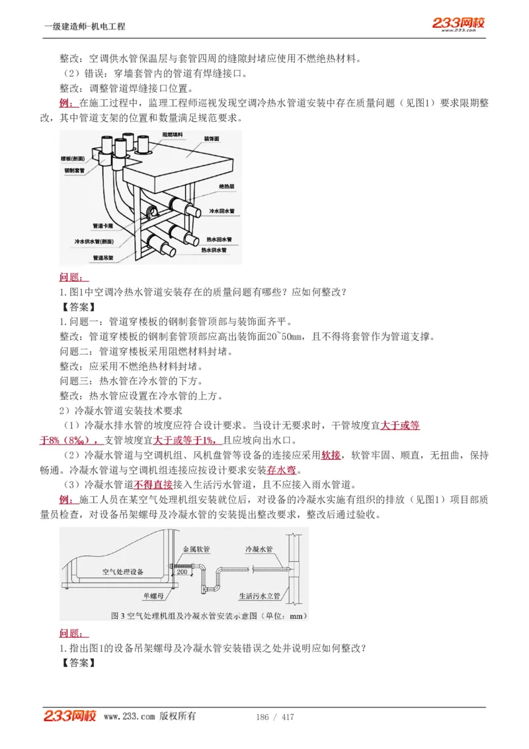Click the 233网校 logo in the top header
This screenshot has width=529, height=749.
click(458, 24)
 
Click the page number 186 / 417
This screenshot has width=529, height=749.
click(274, 717)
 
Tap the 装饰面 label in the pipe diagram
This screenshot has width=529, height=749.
click(212, 139)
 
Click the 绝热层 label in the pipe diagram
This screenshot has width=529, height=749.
click(227, 187)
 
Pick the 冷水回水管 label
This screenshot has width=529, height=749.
click(222, 211)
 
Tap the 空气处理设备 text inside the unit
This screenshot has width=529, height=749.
click(123, 572)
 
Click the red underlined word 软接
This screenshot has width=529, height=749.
click(331, 455)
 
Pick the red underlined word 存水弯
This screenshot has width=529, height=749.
click(282, 470)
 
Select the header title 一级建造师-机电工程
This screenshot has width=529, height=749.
click(84, 26)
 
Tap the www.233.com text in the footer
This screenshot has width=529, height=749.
click(130, 717)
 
